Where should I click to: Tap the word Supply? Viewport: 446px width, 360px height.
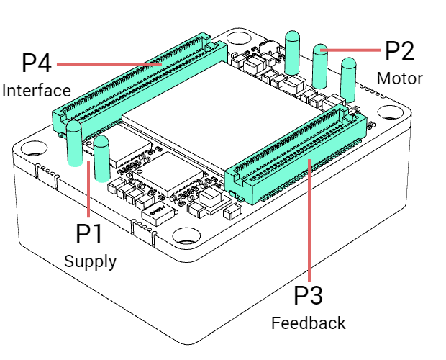click(x=90, y=261)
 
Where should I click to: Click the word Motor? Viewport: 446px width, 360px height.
click(x=399, y=77)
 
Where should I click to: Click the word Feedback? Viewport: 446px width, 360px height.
click(x=308, y=323)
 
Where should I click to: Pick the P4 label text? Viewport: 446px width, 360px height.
click(x=37, y=63)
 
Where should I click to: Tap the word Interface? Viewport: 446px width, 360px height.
click(x=36, y=91)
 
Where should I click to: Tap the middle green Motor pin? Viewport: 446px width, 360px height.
click(x=321, y=66)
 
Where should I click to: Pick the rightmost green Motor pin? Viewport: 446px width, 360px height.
click(x=348, y=78)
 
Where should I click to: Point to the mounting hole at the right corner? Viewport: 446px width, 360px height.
click(x=389, y=114)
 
